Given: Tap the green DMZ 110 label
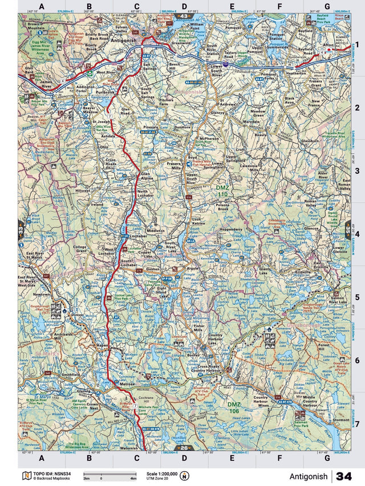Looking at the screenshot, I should click(x=222, y=191).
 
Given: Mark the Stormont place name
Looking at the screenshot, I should click(x=341, y=420).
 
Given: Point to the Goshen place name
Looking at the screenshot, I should click(x=153, y=268).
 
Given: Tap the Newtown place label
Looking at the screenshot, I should click(x=41, y=295).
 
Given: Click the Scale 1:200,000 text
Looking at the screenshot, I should click(x=161, y=473).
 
